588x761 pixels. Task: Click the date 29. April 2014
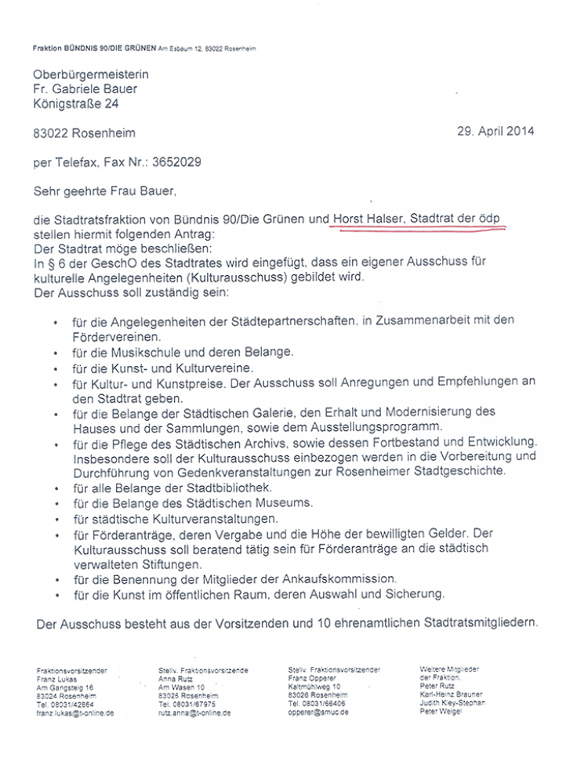495,132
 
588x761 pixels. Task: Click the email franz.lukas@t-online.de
75,713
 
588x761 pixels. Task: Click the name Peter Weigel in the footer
441,711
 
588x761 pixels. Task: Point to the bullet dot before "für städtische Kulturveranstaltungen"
56,519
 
